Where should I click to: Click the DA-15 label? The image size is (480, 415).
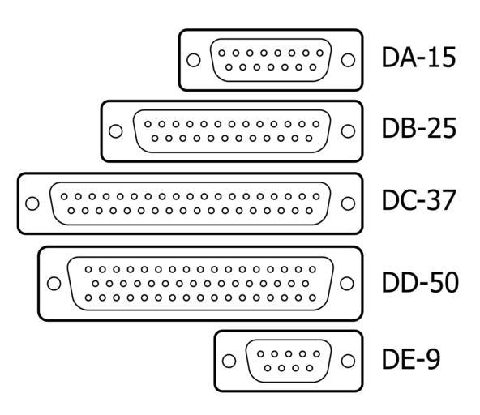tap(418, 58)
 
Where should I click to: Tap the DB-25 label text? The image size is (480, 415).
tap(418, 128)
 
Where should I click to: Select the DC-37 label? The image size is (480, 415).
tap(418, 200)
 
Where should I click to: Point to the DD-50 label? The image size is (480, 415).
tap(420, 282)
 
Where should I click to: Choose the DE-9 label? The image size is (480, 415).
tap(411, 358)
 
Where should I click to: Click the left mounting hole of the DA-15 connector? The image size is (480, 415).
tap(194, 60)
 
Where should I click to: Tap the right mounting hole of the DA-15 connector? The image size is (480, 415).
tap(348, 60)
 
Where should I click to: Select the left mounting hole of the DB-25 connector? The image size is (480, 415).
tap(116, 131)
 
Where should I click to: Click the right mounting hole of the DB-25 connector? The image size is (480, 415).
tap(348, 131)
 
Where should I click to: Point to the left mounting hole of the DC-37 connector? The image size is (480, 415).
tap(32, 203)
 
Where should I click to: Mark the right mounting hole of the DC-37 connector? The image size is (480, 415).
tap(348, 203)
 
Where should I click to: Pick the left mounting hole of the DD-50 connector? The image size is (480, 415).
tap(54, 284)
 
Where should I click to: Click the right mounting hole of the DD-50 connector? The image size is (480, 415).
tap(347, 284)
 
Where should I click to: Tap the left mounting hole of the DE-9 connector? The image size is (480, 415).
tap(229, 361)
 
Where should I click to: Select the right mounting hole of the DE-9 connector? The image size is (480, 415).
tap(348, 361)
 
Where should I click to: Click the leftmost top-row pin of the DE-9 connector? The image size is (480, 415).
tap(260, 354)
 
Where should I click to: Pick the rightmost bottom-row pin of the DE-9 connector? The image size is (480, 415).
tap(310, 368)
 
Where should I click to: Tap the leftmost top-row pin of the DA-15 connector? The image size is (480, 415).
tap(222, 53)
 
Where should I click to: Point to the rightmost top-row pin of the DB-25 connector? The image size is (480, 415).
tap(316, 124)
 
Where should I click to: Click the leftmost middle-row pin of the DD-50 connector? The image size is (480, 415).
tap(96, 284)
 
